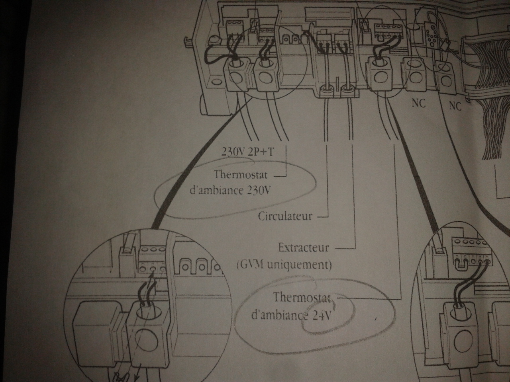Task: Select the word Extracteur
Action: coord(303,248)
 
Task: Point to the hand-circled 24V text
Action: coord(321,316)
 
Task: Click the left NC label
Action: coord(418,103)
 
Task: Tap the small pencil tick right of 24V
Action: coord(376,318)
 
